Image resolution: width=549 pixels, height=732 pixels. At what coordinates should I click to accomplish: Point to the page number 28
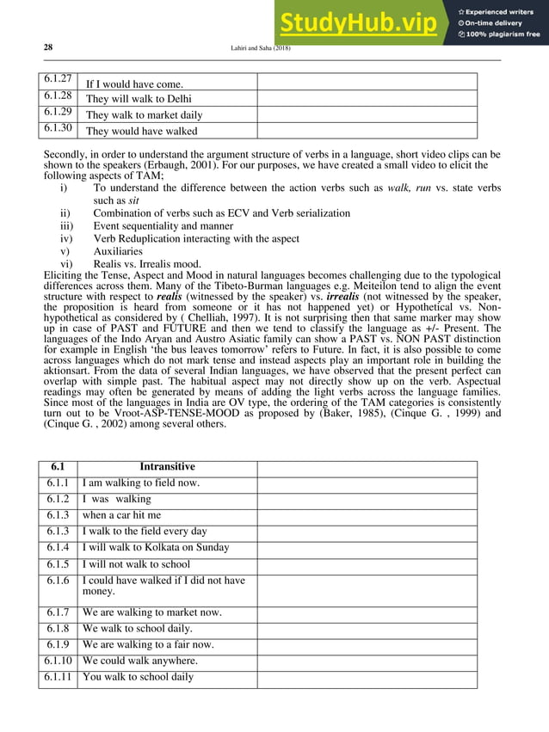[x=48, y=48]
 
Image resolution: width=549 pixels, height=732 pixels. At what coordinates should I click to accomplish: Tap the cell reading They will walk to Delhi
[x=139, y=99]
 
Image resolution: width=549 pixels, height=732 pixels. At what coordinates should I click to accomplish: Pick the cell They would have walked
[x=141, y=131]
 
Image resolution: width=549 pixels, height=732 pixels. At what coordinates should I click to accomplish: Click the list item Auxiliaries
[x=118, y=251]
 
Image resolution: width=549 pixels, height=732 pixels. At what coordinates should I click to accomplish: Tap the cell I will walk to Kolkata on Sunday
[x=156, y=548]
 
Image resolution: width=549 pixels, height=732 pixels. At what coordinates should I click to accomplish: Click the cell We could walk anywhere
[x=139, y=661]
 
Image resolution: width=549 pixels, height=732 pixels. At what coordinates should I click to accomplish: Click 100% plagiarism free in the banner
[x=503, y=34]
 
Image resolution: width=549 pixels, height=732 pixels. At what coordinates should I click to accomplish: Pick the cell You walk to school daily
[x=138, y=677]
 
